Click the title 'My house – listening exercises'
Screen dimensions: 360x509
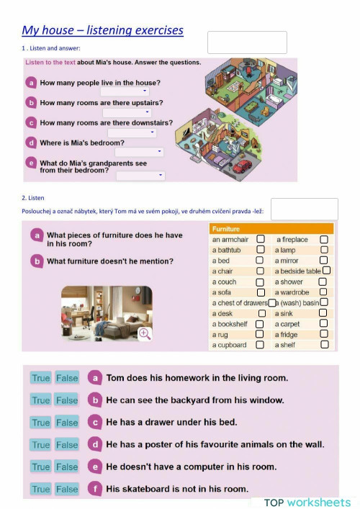(x=102, y=30)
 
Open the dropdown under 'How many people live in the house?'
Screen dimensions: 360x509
(x=125, y=91)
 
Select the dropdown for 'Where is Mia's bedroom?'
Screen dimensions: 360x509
(x=139, y=152)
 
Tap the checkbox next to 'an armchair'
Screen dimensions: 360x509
(x=261, y=239)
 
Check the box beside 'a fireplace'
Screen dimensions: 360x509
(x=324, y=239)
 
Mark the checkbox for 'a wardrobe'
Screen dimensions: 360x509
(x=323, y=292)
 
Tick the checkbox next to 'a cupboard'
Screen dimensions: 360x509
(x=261, y=345)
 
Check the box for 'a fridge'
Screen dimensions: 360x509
(x=324, y=334)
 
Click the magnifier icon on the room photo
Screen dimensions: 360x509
(x=145, y=333)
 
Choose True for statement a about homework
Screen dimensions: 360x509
(x=41, y=378)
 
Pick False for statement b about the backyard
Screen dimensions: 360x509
(x=67, y=400)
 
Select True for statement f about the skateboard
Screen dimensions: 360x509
(x=41, y=489)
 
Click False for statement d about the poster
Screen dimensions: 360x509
(x=67, y=445)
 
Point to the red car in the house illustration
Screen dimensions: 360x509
(x=243, y=166)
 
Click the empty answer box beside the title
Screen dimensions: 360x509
(x=247, y=42)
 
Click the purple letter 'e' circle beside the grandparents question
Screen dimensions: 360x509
(x=31, y=163)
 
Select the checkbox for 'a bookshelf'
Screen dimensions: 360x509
(x=261, y=324)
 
